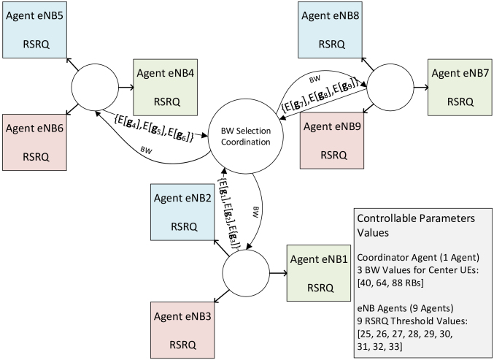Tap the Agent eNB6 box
tap(34, 142)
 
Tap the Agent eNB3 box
tap(182, 328)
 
